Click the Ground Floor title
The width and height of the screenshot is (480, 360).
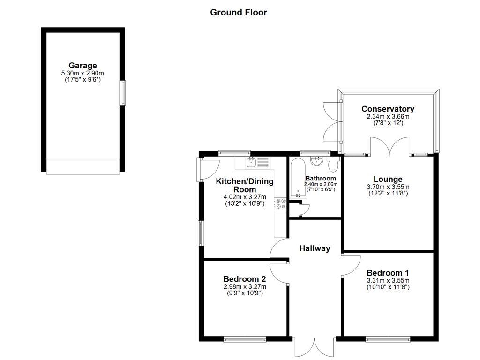click(x=238, y=12)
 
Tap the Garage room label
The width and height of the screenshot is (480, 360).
click(x=82, y=66)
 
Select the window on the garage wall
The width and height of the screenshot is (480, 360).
click(x=123, y=92)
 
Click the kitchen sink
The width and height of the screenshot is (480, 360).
click(x=251, y=163)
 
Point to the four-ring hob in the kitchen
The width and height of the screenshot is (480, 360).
click(x=281, y=203)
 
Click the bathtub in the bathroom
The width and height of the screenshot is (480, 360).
click(x=297, y=178)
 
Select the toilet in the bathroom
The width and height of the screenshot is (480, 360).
click(x=334, y=164)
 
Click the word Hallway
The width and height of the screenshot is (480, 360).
click(x=315, y=248)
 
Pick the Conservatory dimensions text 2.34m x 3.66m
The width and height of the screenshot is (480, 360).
click(x=388, y=117)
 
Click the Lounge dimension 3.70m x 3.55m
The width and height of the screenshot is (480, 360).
click(x=388, y=187)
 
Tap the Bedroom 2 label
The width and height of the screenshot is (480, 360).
click(x=245, y=279)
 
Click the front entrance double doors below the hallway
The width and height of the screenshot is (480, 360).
click(x=315, y=347)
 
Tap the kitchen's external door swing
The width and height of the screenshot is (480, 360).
click(x=209, y=169)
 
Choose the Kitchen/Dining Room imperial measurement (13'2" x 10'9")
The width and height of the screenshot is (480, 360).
click(x=245, y=204)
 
